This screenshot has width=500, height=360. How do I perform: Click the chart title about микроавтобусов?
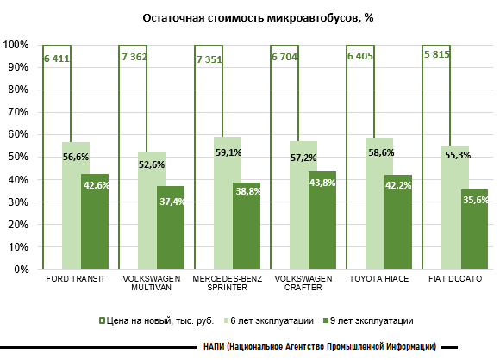[249, 16]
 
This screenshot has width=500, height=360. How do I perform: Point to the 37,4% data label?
[171, 201]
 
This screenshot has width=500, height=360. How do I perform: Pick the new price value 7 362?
[135, 58]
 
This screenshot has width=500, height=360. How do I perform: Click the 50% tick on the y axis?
[16, 157]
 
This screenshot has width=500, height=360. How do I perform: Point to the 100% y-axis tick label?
[15, 45]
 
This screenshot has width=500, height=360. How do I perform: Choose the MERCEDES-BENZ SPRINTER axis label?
[228, 283]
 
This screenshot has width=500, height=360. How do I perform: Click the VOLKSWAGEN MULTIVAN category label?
[151, 283]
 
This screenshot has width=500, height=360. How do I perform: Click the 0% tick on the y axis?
[19, 269]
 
